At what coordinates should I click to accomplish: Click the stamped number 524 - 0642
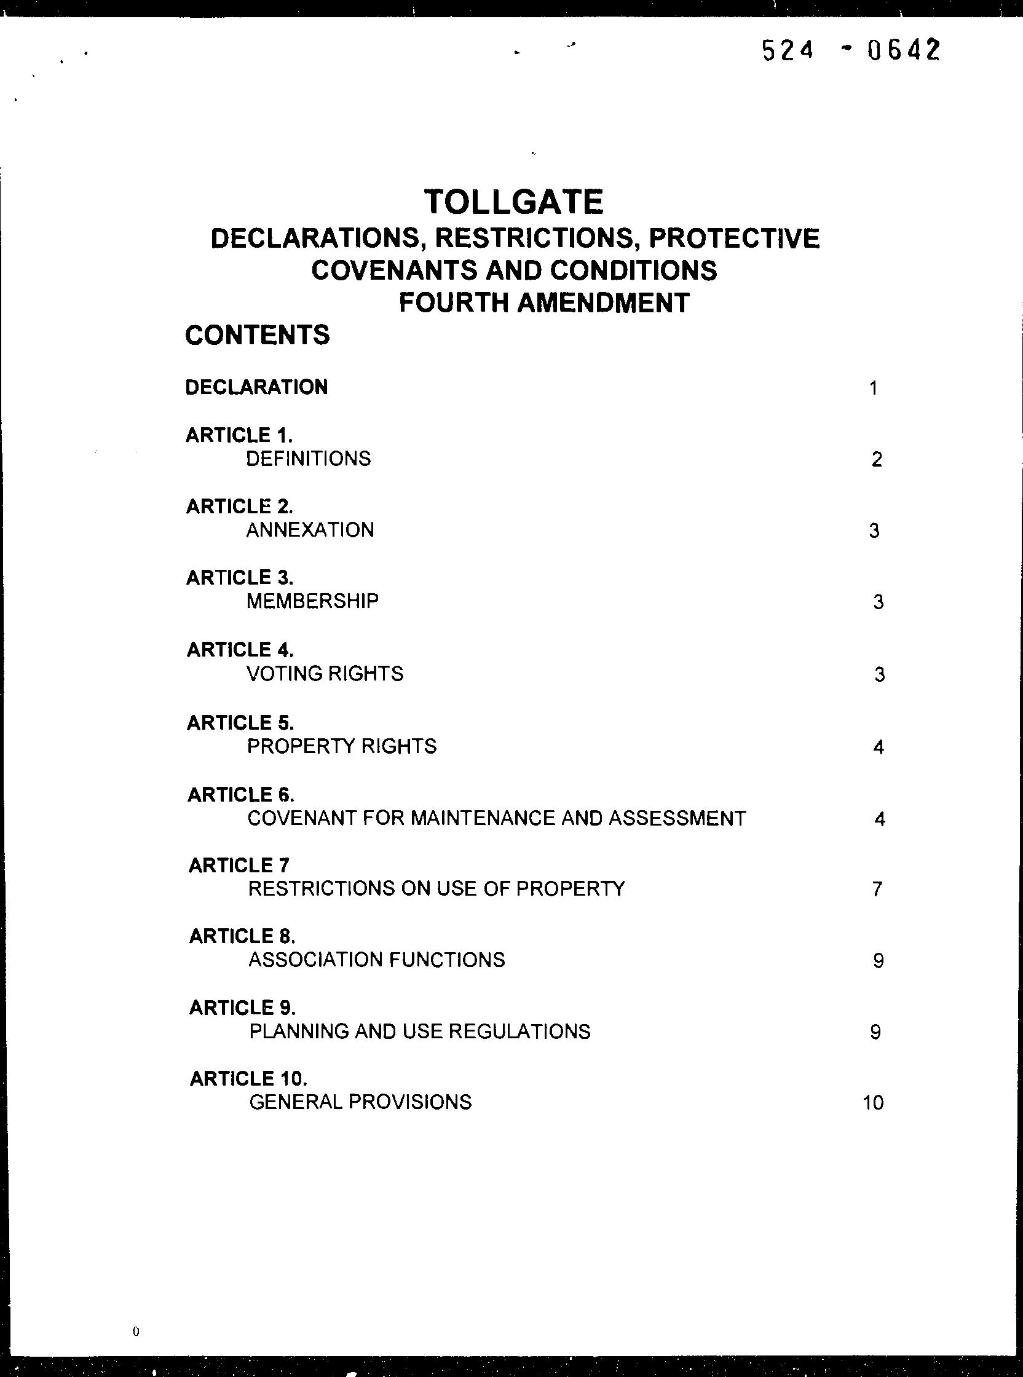coord(850,50)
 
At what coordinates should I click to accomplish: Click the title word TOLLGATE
coord(513,202)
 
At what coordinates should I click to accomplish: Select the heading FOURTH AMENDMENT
coord(543,303)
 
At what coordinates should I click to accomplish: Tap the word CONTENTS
coord(257,335)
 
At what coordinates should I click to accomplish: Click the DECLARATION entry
coord(256,387)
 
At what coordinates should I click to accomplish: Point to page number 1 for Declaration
coord(873,389)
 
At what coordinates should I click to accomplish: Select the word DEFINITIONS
coord(309,459)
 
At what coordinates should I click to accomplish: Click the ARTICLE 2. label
coord(240,507)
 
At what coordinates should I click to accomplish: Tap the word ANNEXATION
coord(310,530)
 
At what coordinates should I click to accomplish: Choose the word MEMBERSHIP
coord(313,601)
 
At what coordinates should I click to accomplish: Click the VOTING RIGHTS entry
coord(325,673)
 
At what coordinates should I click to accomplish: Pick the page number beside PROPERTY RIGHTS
coord(878,748)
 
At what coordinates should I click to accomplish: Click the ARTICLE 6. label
coord(241,794)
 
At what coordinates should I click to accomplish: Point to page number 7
coord(876,889)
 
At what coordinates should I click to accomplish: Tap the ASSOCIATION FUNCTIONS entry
coord(376,960)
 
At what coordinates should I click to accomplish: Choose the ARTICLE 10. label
coord(248,1079)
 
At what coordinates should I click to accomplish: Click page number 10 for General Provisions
coord(873,1103)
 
